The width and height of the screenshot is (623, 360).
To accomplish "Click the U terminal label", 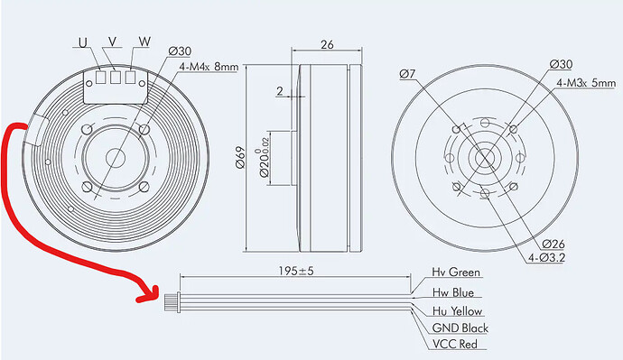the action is point(83,42).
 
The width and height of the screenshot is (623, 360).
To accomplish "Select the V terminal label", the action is point(113,42).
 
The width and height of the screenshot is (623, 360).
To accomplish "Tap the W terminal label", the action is point(144,42).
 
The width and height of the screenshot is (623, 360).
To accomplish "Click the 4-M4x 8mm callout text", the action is point(209,66).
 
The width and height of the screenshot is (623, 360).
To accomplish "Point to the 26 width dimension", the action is point(327,45).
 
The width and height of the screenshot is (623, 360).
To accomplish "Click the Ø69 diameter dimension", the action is point(240,158).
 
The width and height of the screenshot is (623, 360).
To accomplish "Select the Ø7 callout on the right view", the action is point(407,74).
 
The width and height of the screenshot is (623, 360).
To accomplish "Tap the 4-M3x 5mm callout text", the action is point(586,83).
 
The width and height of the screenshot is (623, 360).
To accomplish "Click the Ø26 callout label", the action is point(553,244).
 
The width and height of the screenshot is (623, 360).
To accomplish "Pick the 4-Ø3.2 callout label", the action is point(546,258).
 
